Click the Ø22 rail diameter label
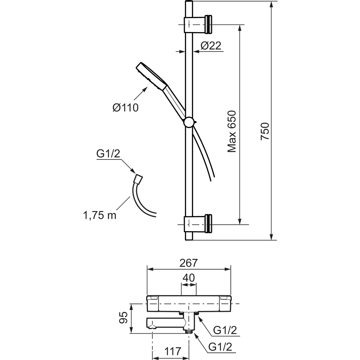210,46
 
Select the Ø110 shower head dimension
125,107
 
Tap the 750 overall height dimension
265,132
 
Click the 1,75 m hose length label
100,215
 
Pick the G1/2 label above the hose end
108,154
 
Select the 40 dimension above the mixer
188,278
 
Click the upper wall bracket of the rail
198,24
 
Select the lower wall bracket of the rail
198,224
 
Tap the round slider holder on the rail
189,122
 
